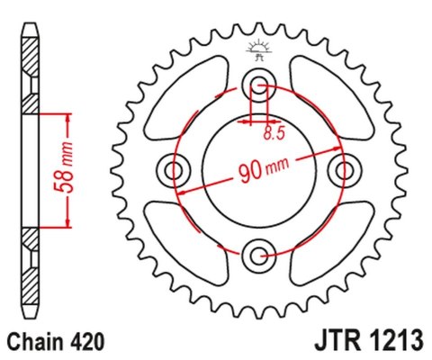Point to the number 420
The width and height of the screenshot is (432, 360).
tap(89, 342)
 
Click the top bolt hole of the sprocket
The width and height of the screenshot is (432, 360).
tap(259, 87)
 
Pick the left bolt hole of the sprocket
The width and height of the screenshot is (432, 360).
tap(175, 169)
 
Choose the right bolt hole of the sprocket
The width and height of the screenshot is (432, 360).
tap(343, 169)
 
